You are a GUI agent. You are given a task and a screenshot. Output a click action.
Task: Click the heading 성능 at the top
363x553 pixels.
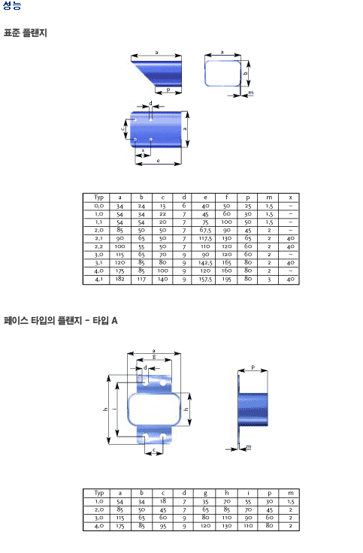pos(12,5)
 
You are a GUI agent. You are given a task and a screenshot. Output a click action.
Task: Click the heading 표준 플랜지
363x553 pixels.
pos(25,33)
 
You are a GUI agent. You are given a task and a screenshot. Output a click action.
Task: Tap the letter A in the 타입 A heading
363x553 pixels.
pos(114,321)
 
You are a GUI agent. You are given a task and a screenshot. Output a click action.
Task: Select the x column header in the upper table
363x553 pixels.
pos(290,198)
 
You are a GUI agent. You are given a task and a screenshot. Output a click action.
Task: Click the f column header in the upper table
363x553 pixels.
pos(226,197)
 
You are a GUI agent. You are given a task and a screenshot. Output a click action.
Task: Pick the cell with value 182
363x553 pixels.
pos(120,279)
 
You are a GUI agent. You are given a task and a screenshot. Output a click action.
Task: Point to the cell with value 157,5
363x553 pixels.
pos(205,279)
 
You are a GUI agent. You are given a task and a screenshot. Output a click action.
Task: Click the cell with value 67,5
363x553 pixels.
pos(205,231)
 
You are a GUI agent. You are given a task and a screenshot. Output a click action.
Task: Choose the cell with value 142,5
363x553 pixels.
pos(205,263)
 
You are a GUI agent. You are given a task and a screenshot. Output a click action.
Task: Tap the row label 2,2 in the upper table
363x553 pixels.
pos(98,246)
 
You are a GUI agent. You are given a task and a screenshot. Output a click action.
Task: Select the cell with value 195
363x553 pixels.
pos(226,279)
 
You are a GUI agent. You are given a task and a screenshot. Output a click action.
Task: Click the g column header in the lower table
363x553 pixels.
pos(205,494)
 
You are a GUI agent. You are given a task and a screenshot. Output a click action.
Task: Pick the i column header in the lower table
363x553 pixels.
pos(248,493)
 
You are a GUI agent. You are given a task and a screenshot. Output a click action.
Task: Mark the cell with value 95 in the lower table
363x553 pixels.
pos(162,526)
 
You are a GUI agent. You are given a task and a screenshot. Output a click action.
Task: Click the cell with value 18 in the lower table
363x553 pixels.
pos(162,501)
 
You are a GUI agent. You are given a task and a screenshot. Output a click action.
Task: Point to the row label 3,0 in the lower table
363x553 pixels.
pos(98,518)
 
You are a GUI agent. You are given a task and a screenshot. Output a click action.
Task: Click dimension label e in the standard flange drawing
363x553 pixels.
pos(158,161)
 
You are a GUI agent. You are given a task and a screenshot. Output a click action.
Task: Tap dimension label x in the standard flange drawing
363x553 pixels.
pos(143,150)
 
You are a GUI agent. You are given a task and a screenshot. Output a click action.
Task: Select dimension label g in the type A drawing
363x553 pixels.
pos(154,357)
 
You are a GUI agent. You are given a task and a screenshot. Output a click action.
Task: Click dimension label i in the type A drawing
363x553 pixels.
pos(113,409)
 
